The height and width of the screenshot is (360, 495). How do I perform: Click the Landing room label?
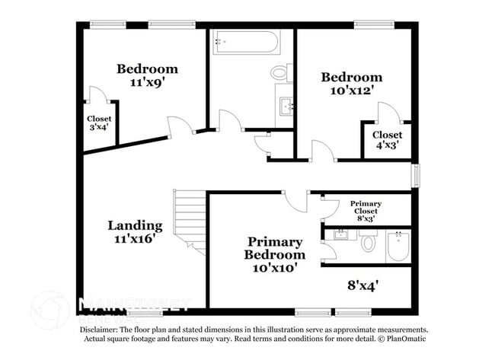135,225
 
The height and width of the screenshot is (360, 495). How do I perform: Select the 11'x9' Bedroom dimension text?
146,84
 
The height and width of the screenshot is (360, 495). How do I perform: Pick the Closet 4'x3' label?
387,140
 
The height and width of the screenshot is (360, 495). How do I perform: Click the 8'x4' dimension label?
363,285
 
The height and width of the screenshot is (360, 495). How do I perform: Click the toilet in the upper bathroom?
280,73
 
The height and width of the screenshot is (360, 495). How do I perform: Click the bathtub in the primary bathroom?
398,246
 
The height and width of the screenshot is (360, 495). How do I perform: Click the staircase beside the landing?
189,221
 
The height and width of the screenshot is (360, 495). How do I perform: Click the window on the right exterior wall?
415,175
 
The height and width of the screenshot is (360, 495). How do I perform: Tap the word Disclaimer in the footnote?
101,330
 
